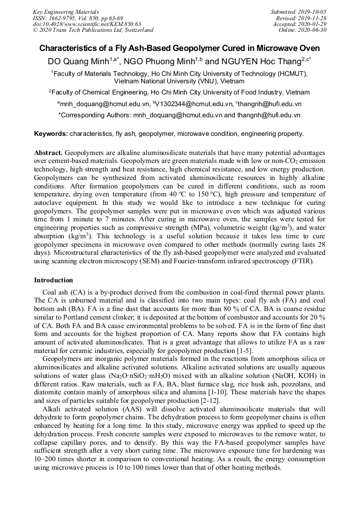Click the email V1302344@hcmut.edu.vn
pyautogui.click(x=194, y=104)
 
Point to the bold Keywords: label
pyautogui.click(x=51, y=134)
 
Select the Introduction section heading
pyautogui.click(x=54, y=280)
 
